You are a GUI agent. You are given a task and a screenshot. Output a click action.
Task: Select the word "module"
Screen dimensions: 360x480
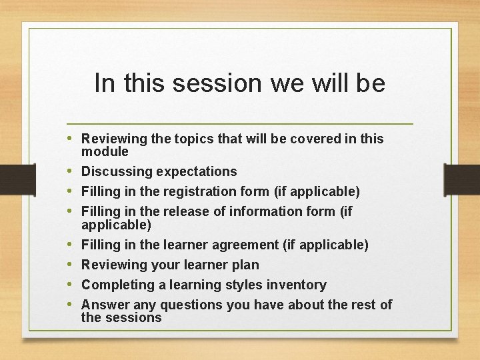coord(105,151)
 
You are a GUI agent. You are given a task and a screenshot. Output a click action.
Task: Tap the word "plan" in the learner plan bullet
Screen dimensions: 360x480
coord(246,265)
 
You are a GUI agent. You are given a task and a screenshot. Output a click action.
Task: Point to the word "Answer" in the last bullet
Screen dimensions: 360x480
coord(105,305)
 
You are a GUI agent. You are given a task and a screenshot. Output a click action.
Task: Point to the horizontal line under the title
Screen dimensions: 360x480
coord(240,124)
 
